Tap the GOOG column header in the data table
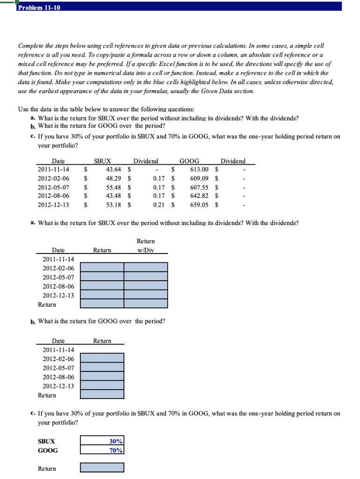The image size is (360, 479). [190, 161]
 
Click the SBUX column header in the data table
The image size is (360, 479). [102, 161]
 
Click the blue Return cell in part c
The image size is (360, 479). [102, 468]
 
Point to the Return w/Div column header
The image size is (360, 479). [145, 246]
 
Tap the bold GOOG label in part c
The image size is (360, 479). [48, 450]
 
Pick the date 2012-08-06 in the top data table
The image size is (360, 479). [53, 196]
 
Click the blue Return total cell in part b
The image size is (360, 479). [102, 395]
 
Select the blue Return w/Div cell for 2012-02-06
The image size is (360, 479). [146, 268]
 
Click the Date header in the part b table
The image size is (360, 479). [58, 341]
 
